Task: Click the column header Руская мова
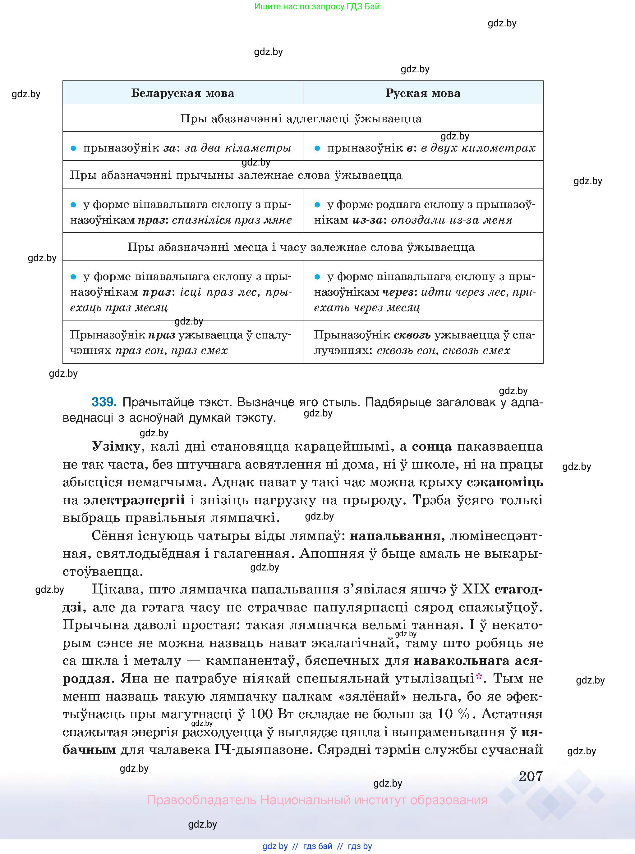pyautogui.click(x=423, y=93)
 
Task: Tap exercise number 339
pyautogui.click(x=104, y=402)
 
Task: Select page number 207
pyautogui.click(x=531, y=776)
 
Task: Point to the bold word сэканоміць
pyautogui.click(x=505, y=482)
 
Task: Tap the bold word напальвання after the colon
pyautogui.click(x=395, y=536)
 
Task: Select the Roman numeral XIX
pyautogui.click(x=476, y=589)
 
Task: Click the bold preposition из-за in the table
pyautogui.click(x=367, y=220)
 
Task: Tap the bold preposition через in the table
pyautogui.click(x=398, y=292)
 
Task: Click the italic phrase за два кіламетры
pyautogui.click(x=238, y=148)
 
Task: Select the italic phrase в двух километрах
pyautogui.click(x=478, y=148)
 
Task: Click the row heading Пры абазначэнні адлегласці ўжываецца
pyautogui.click(x=301, y=119)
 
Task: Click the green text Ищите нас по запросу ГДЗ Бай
pyautogui.click(x=317, y=7)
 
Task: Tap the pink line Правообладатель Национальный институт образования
pyautogui.click(x=317, y=800)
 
